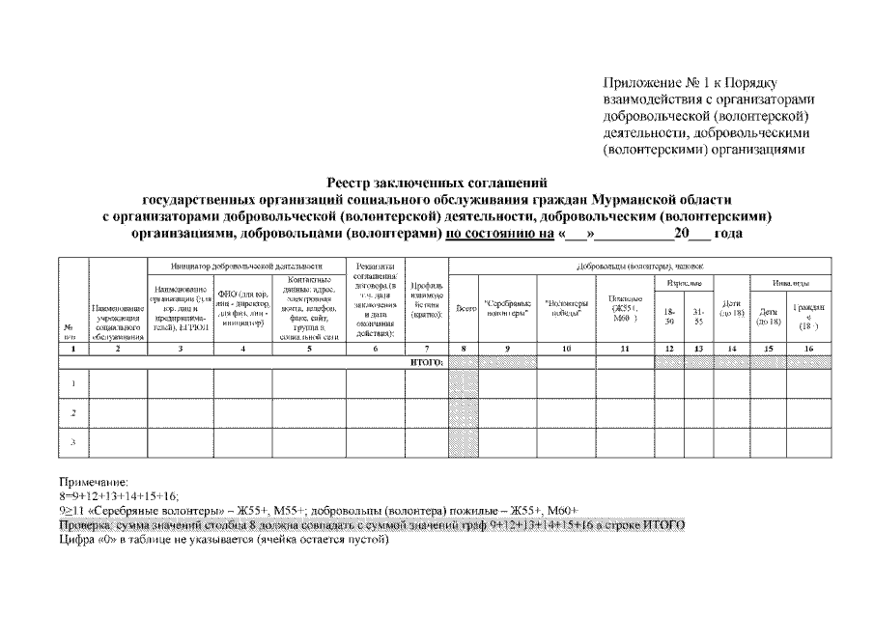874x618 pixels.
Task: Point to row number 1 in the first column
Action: coord(73,383)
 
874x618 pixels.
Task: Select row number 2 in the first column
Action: coord(73,412)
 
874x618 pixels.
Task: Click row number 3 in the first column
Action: coord(73,441)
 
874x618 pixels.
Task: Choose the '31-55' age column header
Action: coord(699,316)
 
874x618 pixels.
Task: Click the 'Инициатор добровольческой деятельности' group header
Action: coord(245,266)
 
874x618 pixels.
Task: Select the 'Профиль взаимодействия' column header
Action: coord(426,299)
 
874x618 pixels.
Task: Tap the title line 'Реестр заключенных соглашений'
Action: coord(437,181)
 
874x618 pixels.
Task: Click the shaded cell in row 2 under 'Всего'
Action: coord(465,412)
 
